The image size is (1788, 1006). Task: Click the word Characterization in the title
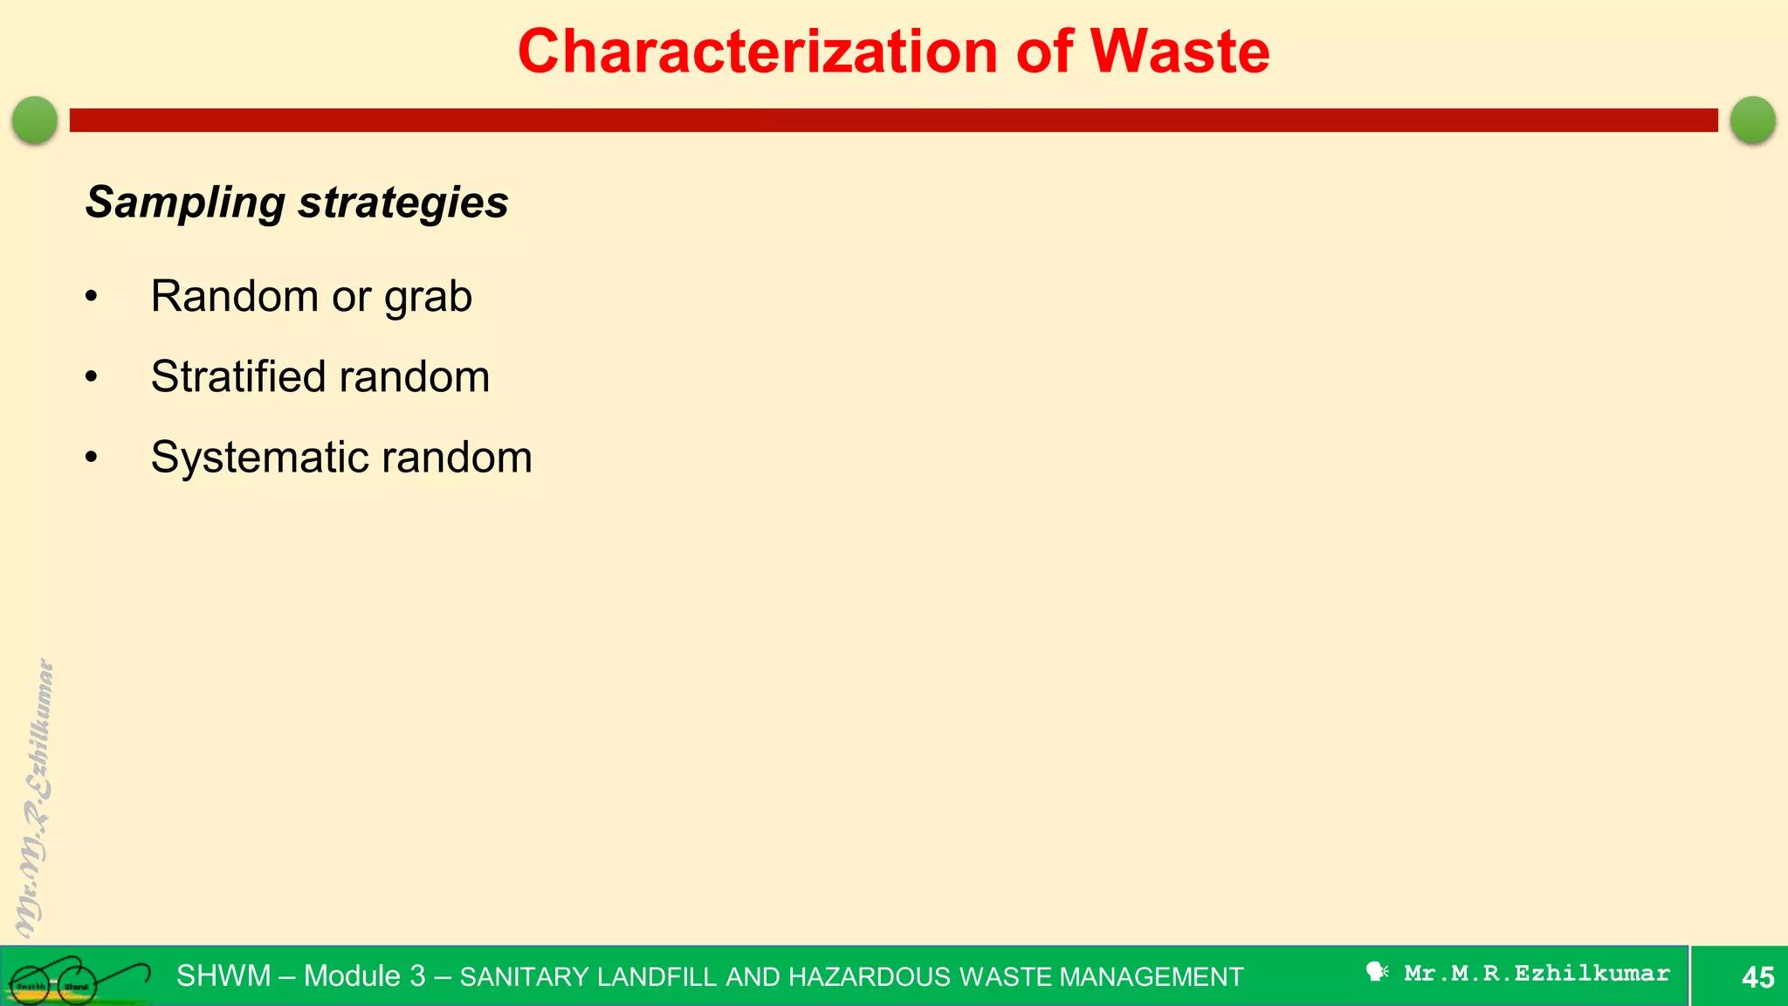coord(757,52)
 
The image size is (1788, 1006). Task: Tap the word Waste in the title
coord(1179,52)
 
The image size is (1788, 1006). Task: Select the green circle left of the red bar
coord(35,120)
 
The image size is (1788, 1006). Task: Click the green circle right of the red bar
coord(1752,120)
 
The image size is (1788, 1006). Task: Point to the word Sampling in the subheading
coord(184,203)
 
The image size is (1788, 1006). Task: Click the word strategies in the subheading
coord(402,203)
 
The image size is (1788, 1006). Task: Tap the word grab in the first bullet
coord(428,297)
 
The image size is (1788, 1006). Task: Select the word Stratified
coord(237,377)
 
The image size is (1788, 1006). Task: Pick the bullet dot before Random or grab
coord(92,297)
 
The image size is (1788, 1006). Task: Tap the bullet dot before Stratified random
coord(92,377)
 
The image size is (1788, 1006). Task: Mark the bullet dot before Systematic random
coord(92,458)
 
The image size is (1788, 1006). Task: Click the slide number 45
coord(1757,977)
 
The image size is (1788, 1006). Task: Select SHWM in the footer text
coord(223,975)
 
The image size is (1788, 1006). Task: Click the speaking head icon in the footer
coord(1377,972)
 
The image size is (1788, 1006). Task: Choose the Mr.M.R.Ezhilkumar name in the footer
coord(1537,973)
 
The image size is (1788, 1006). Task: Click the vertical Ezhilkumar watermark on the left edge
coord(35,795)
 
